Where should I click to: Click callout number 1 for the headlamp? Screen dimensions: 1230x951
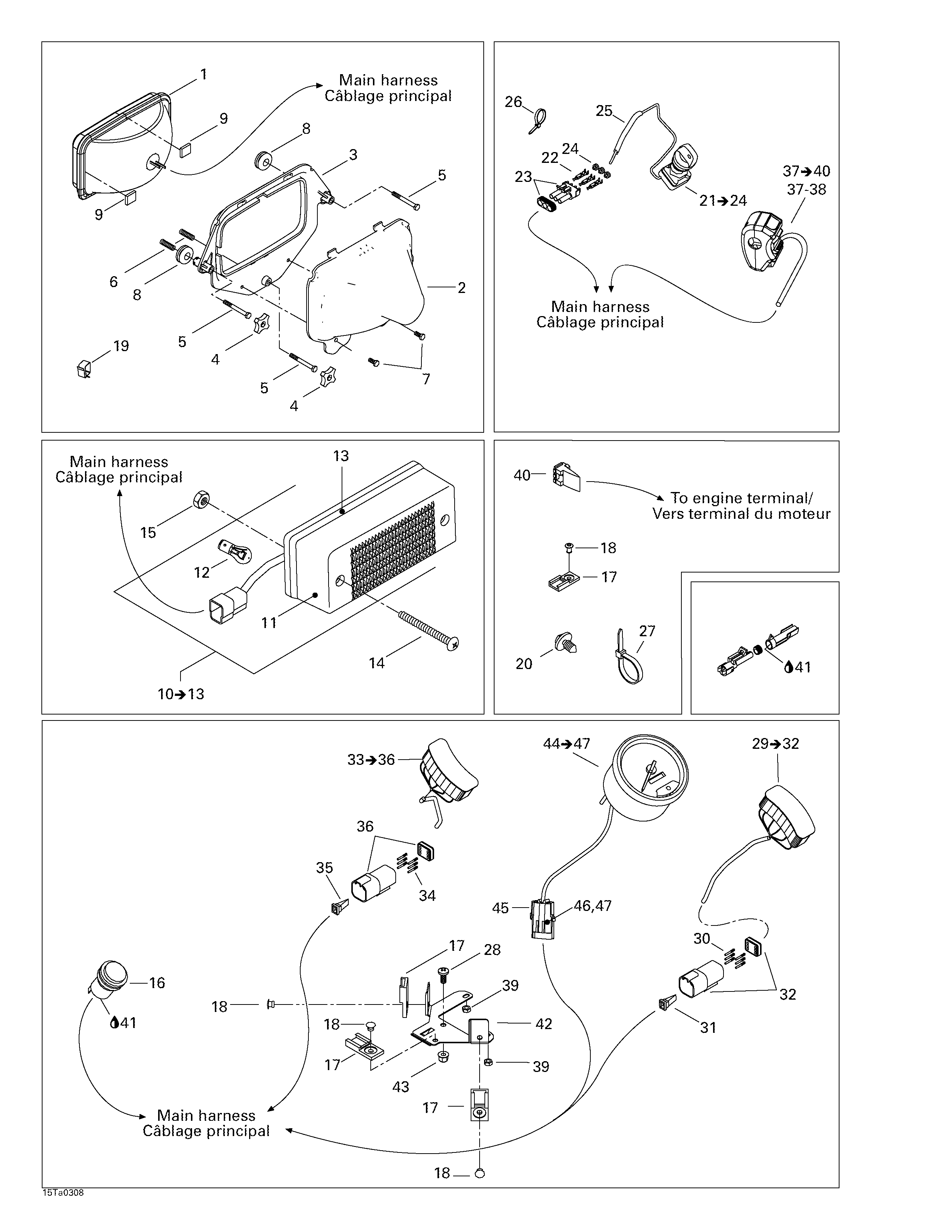pyautogui.click(x=203, y=74)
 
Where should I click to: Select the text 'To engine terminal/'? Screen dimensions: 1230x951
pyautogui.click(x=741, y=498)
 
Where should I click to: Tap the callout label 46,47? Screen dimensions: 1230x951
pyautogui.click(x=593, y=906)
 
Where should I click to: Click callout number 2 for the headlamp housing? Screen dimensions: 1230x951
pyautogui.click(x=461, y=288)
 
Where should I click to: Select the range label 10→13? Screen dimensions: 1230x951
pyautogui.click(x=181, y=694)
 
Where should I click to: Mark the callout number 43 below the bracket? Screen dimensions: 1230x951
pyautogui.click(x=401, y=1087)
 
